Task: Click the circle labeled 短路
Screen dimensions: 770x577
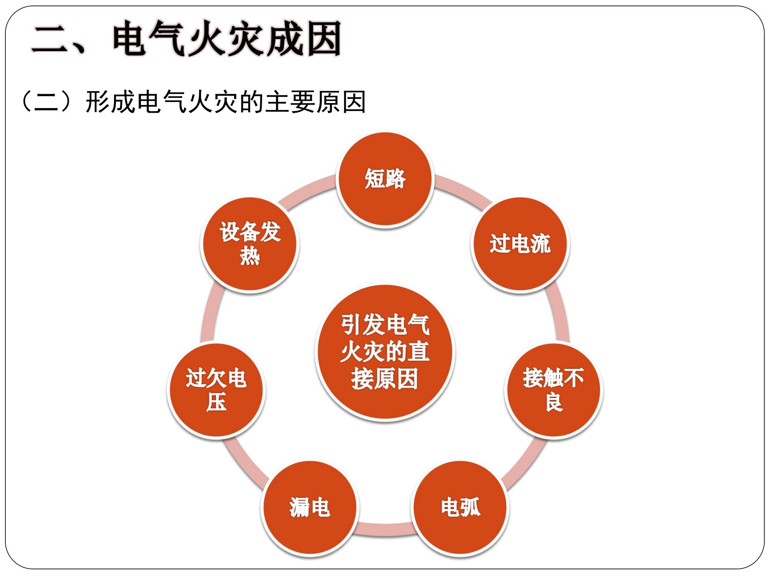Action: [385, 179]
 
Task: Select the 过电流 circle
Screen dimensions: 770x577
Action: [520, 244]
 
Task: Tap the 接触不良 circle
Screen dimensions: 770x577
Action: [554, 390]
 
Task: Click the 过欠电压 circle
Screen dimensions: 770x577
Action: [216, 390]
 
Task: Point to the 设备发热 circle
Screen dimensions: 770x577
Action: [250, 244]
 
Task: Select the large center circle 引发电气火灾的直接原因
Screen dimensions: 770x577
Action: [385, 352]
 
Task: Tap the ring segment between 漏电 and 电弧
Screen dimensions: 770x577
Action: [385, 529]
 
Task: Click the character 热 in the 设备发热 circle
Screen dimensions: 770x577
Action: [250, 256]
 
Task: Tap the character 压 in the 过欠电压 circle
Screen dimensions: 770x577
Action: [216, 402]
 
